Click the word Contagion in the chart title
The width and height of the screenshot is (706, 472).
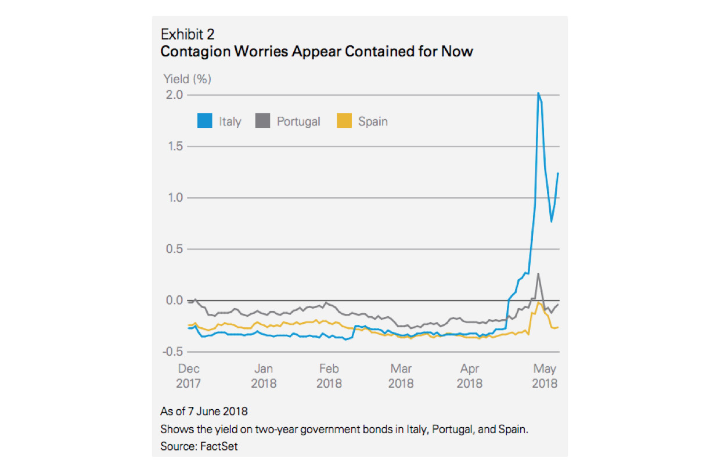click(x=195, y=52)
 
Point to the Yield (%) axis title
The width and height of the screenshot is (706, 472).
click(x=187, y=79)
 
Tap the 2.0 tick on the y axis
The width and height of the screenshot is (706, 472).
click(x=175, y=95)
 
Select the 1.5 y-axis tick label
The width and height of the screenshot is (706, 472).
click(x=175, y=146)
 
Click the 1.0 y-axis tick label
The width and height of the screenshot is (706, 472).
click(x=175, y=198)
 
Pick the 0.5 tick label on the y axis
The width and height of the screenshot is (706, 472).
click(x=175, y=249)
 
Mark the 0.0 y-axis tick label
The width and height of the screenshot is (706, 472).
click(x=175, y=301)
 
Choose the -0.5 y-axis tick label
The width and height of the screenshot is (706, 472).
click(x=173, y=352)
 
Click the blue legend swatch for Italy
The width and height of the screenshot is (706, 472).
click(x=204, y=121)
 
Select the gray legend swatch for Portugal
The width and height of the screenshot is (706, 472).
click(x=262, y=121)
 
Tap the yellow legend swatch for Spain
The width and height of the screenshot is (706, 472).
click(x=344, y=121)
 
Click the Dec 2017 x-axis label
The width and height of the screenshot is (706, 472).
click(x=189, y=376)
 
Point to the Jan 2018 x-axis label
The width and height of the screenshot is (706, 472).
click(x=264, y=376)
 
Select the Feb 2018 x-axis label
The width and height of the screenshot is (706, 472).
click(x=329, y=376)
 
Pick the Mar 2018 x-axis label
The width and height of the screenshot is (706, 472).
click(x=401, y=376)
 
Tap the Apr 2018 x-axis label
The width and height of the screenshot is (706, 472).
click(x=470, y=376)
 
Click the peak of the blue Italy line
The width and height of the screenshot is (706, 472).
click(x=538, y=93)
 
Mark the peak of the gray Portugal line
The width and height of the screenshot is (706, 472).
click(x=539, y=274)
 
